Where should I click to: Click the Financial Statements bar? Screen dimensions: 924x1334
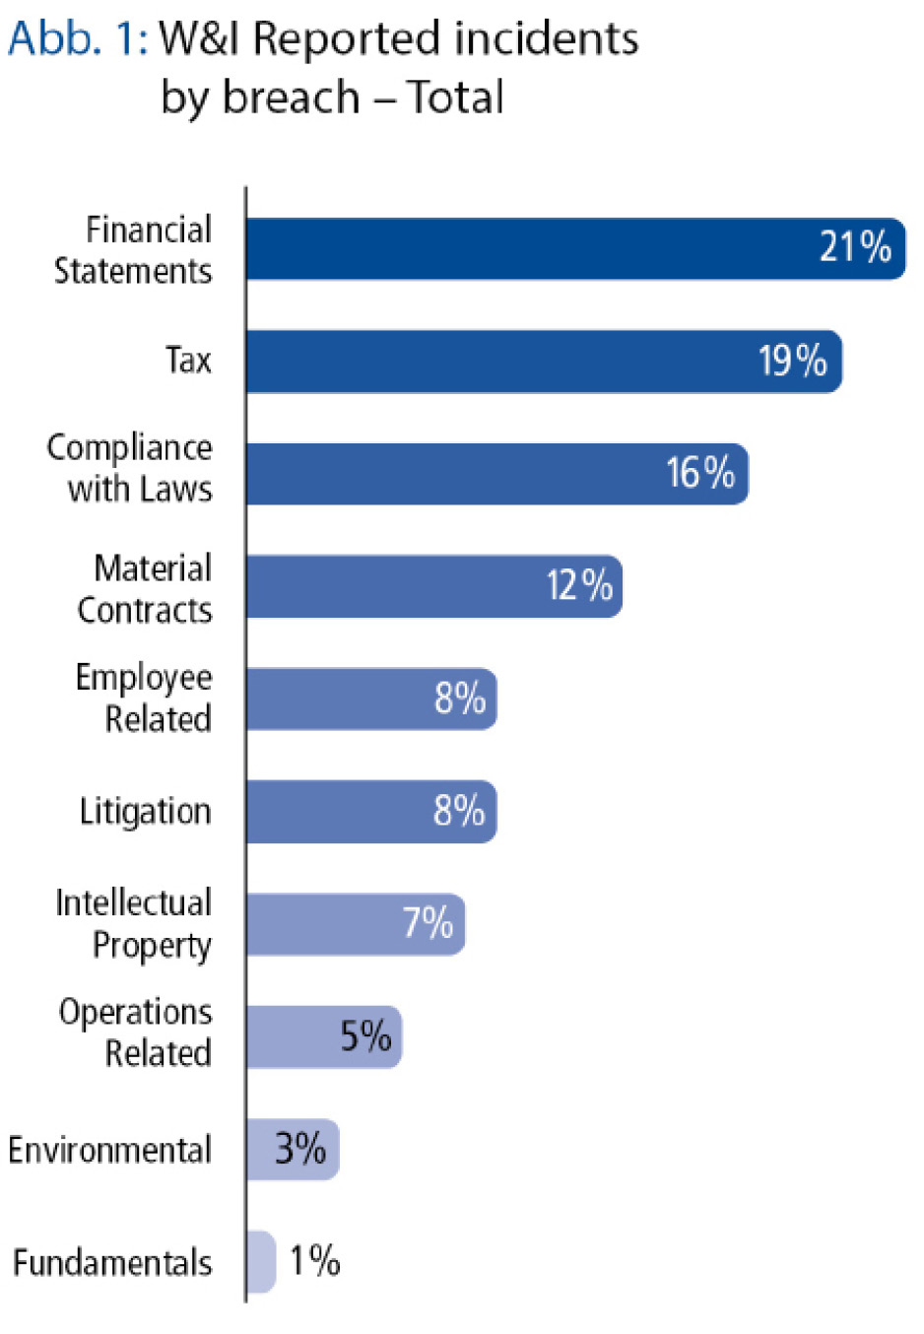[x=575, y=248]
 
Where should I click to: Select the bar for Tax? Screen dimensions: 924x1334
[x=544, y=361]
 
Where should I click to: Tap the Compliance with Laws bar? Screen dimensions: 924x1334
[x=497, y=474]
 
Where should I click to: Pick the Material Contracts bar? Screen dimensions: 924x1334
[x=434, y=586]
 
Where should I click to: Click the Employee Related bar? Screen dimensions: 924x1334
[x=371, y=699]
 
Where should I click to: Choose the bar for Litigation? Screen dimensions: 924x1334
[x=371, y=811]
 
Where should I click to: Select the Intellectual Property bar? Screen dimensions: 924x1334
[x=356, y=924]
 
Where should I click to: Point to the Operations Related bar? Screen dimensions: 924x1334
[x=324, y=1036]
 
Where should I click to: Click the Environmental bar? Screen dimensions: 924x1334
[x=293, y=1149]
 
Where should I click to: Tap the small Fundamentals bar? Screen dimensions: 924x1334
[x=261, y=1261]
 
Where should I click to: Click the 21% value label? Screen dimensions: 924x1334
[x=855, y=246]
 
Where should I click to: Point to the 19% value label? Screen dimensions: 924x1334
[x=792, y=360]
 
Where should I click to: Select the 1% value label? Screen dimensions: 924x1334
[x=314, y=1260]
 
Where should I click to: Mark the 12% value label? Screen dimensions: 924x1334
[x=579, y=585]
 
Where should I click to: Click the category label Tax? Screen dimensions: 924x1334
[x=188, y=360]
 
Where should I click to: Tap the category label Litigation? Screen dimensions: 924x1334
[x=145, y=812]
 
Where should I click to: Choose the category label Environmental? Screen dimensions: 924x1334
[x=110, y=1149]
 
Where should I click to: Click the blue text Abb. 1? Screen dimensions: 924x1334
[x=78, y=38]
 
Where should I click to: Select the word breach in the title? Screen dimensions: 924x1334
[x=291, y=97]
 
